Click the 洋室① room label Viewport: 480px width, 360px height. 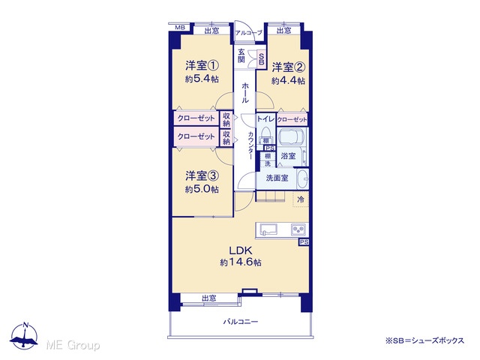coord(202,65)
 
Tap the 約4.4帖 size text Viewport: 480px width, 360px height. coord(288,81)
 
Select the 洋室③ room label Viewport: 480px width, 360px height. coord(202,175)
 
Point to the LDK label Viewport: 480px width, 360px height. coord(241,250)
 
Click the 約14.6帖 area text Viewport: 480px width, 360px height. coord(241,262)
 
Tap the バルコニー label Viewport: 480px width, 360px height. coord(241,322)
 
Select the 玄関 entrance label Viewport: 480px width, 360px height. coord(241,55)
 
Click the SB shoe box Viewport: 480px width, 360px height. coord(262,58)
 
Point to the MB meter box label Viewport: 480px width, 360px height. coord(180,28)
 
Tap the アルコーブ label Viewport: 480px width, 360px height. coord(248,33)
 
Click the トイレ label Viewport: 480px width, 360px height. coord(265,118)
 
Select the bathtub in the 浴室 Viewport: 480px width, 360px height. coord(292,136)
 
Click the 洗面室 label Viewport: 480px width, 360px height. coord(277,178)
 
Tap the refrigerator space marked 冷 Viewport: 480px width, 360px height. coord(301,199)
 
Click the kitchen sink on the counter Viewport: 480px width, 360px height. coord(268,229)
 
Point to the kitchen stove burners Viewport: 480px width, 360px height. coord(298,229)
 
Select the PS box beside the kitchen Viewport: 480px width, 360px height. coord(304,242)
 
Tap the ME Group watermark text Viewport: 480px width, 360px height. coord(73,345)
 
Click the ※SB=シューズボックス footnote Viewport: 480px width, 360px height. coord(425,340)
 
